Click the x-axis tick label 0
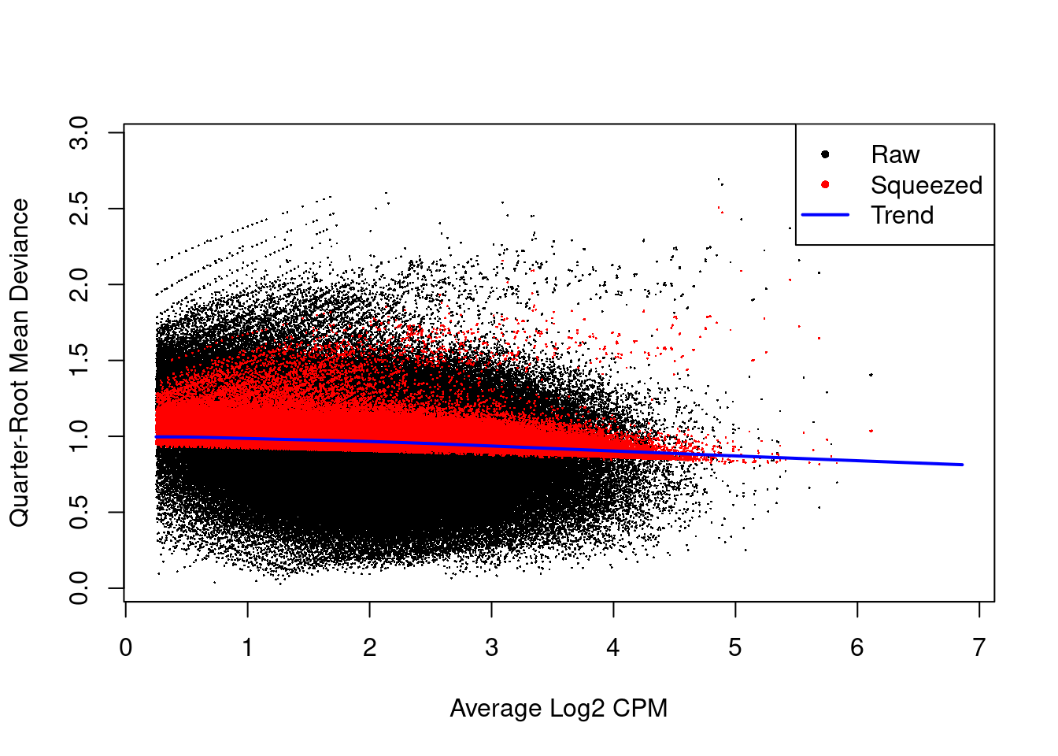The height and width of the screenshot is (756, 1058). [x=126, y=648]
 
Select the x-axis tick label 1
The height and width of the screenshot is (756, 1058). [x=247, y=648]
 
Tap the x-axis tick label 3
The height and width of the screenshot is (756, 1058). [x=491, y=648]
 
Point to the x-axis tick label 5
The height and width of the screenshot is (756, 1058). [x=734, y=648]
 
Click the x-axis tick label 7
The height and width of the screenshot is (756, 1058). [x=978, y=648]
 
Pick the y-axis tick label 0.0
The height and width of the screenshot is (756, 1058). [x=79, y=587]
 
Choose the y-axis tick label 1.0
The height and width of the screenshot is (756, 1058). [x=79, y=436]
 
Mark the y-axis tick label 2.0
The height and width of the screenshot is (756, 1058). [x=79, y=284]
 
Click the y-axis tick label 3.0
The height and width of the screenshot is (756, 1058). [x=79, y=132]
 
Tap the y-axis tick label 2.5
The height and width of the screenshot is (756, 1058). [x=79, y=209]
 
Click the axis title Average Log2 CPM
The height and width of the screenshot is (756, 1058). [x=558, y=708]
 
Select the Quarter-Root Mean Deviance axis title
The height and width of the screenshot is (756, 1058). [x=19, y=362]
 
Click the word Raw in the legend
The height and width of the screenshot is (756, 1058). [x=895, y=154]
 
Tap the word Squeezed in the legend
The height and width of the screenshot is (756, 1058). [x=927, y=185]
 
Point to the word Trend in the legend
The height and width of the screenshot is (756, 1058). [x=902, y=215]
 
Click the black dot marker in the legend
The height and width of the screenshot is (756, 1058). [x=825, y=154]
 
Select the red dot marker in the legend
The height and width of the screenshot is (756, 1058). [x=825, y=185]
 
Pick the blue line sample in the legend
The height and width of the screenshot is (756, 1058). [x=825, y=215]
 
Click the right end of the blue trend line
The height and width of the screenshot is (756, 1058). [x=962, y=465]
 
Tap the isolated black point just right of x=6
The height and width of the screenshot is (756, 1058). [x=871, y=375]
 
